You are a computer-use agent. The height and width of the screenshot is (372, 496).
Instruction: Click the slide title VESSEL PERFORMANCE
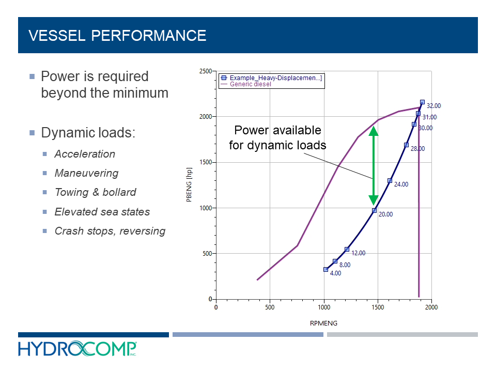pyautogui.click(x=117, y=36)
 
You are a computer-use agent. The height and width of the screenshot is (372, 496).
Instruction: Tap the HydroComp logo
pyautogui.click(x=78, y=349)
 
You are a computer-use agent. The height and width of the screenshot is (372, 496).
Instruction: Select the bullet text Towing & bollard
pyautogui.click(x=95, y=192)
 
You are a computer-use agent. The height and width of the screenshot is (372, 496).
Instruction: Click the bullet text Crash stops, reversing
pyautogui.click(x=110, y=231)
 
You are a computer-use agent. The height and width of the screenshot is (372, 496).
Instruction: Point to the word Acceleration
pyautogui.click(x=85, y=154)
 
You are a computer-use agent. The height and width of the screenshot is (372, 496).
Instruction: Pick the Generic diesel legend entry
pyautogui.click(x=250, y=84)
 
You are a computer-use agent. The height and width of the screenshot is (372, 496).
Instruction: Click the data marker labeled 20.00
pyautogui.click(x=374, y=210)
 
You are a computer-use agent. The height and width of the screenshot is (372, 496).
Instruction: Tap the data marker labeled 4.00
pyautogui.click(x=326, y=269)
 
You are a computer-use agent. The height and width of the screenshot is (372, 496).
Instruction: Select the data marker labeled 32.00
pyautogui.click(x=422, y=102)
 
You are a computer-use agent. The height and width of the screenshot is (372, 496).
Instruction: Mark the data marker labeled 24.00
pyautogui.click(x=390, y=180)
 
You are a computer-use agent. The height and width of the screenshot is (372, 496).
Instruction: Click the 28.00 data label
pyautogui.click(x=417, y=149)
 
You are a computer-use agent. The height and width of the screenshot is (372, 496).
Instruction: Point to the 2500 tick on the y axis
pyautogui.click(x=205, y=71)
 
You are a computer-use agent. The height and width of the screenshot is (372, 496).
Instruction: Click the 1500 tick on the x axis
pyautogui.click(x=378, y=307)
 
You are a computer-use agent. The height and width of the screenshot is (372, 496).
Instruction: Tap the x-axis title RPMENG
pyautogui.click(x=323, y=323)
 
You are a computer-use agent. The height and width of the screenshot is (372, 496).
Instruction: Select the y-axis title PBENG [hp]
pyautogui.click(x=189, y=185)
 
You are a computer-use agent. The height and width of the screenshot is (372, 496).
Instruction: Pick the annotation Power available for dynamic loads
pyautogui.click(x=277, y=137)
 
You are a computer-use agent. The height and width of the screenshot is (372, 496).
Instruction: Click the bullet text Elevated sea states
pyautogui.click(x=102, y=212)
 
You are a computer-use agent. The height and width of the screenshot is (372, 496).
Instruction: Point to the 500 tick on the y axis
pyautogui.click(x=206, y=254)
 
